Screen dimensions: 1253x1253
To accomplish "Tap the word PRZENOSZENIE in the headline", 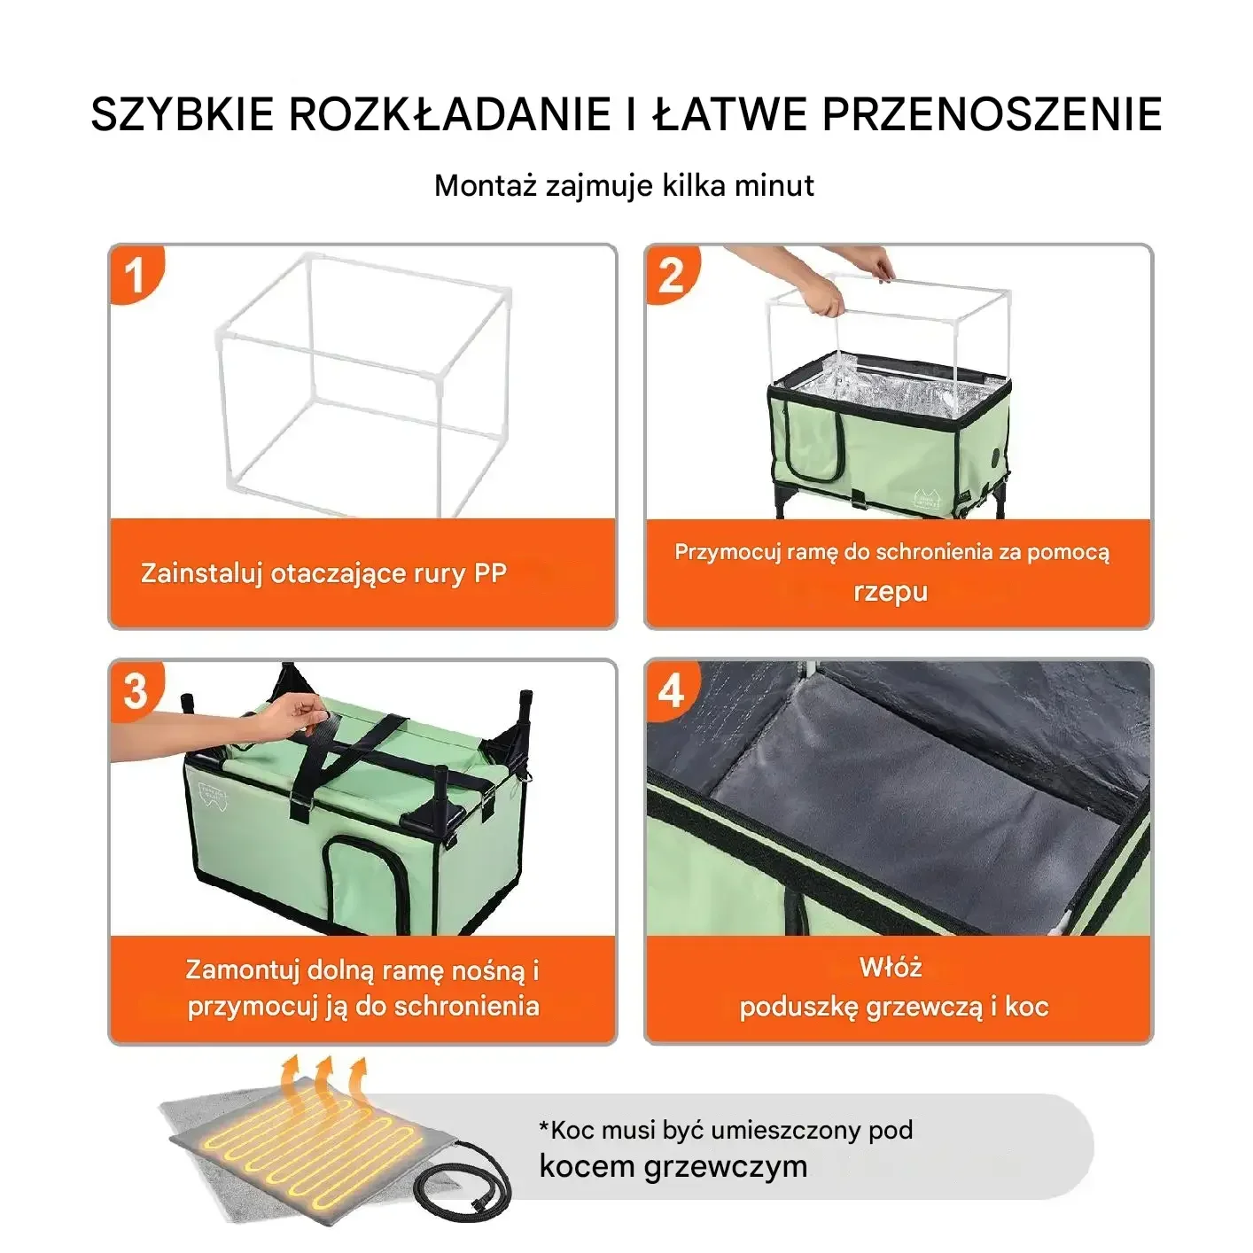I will click(992, 114).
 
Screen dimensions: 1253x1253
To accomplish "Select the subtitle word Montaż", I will click(486, 186).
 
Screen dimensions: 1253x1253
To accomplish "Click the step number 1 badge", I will click(135, 275).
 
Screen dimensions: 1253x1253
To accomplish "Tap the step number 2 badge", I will click(671, 275).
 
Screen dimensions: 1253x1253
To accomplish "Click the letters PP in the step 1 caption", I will click(489, 573).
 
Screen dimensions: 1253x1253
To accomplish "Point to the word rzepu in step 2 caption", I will click(890, 591).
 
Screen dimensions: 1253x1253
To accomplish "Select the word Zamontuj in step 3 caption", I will click(242, 969).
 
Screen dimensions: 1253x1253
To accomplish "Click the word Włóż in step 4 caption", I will click(890, 967).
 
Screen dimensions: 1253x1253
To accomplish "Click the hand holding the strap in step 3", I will click(292, 714).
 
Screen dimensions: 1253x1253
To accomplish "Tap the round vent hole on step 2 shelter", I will click(1000, 459).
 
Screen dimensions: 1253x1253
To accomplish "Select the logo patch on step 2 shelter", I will click(925, 498).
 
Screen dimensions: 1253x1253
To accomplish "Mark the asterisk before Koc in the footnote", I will click(544, 1126).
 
